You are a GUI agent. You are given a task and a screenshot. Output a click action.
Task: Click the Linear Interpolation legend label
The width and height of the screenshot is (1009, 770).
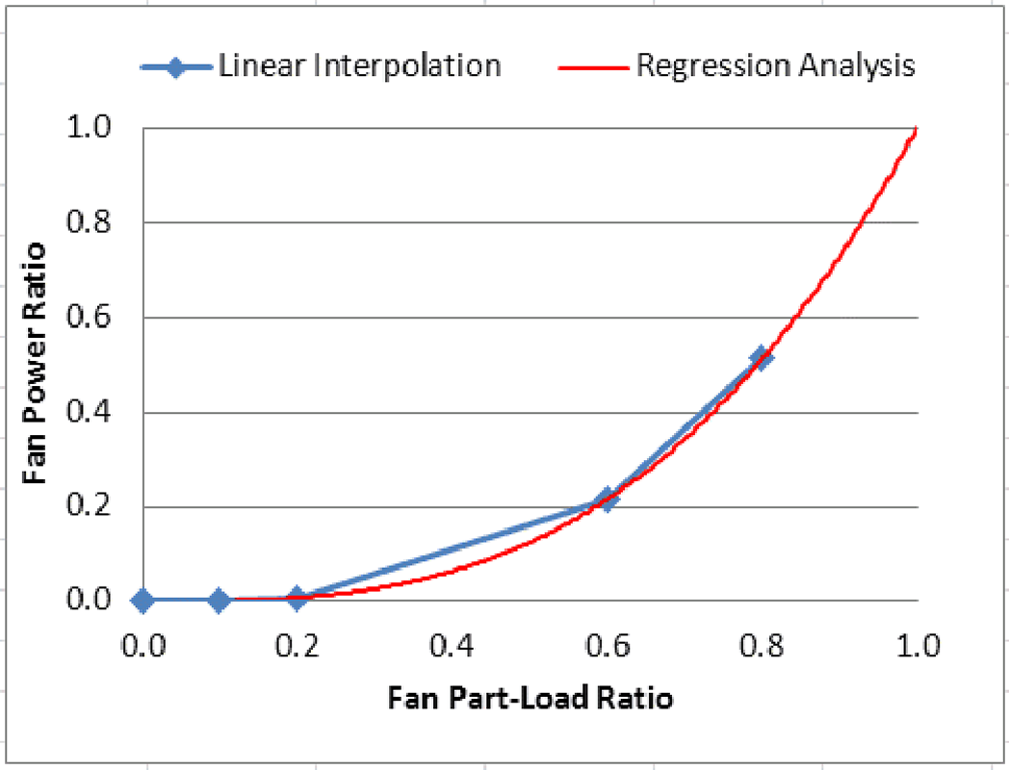[359, 65]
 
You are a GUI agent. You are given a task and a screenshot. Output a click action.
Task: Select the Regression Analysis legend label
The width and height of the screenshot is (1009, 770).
[776, 65]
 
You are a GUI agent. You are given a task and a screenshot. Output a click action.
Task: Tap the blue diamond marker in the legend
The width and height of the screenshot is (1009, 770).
[175, 66]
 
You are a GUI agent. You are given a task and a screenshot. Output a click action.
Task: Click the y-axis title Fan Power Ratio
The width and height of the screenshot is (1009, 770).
[36, 364]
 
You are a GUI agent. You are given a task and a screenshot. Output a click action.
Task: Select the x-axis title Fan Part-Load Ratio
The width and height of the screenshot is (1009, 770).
[530, 697]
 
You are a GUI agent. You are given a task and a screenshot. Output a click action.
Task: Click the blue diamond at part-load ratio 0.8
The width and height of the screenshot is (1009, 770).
[762, 357]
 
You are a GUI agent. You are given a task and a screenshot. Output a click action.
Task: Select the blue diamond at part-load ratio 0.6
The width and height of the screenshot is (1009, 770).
[607, 499]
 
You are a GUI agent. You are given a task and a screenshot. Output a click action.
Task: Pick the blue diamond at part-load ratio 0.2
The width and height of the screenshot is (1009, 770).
[297, 599]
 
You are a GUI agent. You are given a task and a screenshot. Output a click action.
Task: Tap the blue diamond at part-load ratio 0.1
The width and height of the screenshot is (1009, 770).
[220, 601]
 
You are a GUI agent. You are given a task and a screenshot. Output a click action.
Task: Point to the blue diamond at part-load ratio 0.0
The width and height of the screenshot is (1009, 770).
[142, 601]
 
